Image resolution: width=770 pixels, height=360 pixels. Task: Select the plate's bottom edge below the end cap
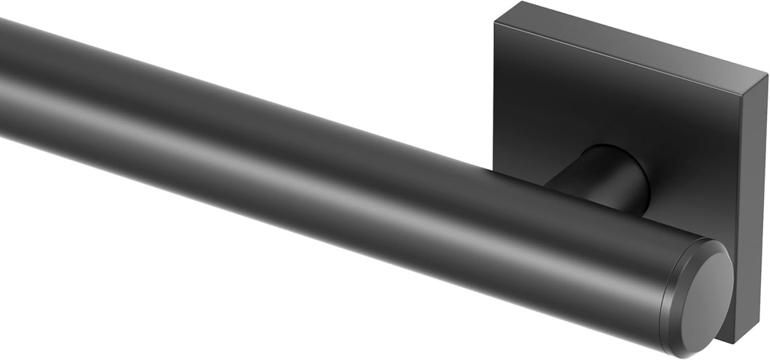(726, 340)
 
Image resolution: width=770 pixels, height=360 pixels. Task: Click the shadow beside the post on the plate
(654, 207)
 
